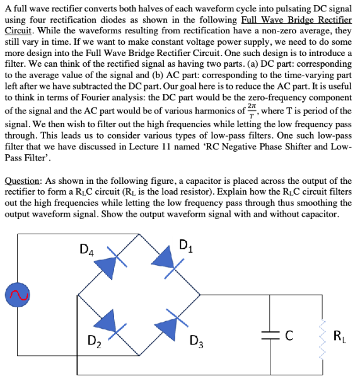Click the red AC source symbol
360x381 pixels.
[14, 293]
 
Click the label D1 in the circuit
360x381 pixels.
[187, 245]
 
